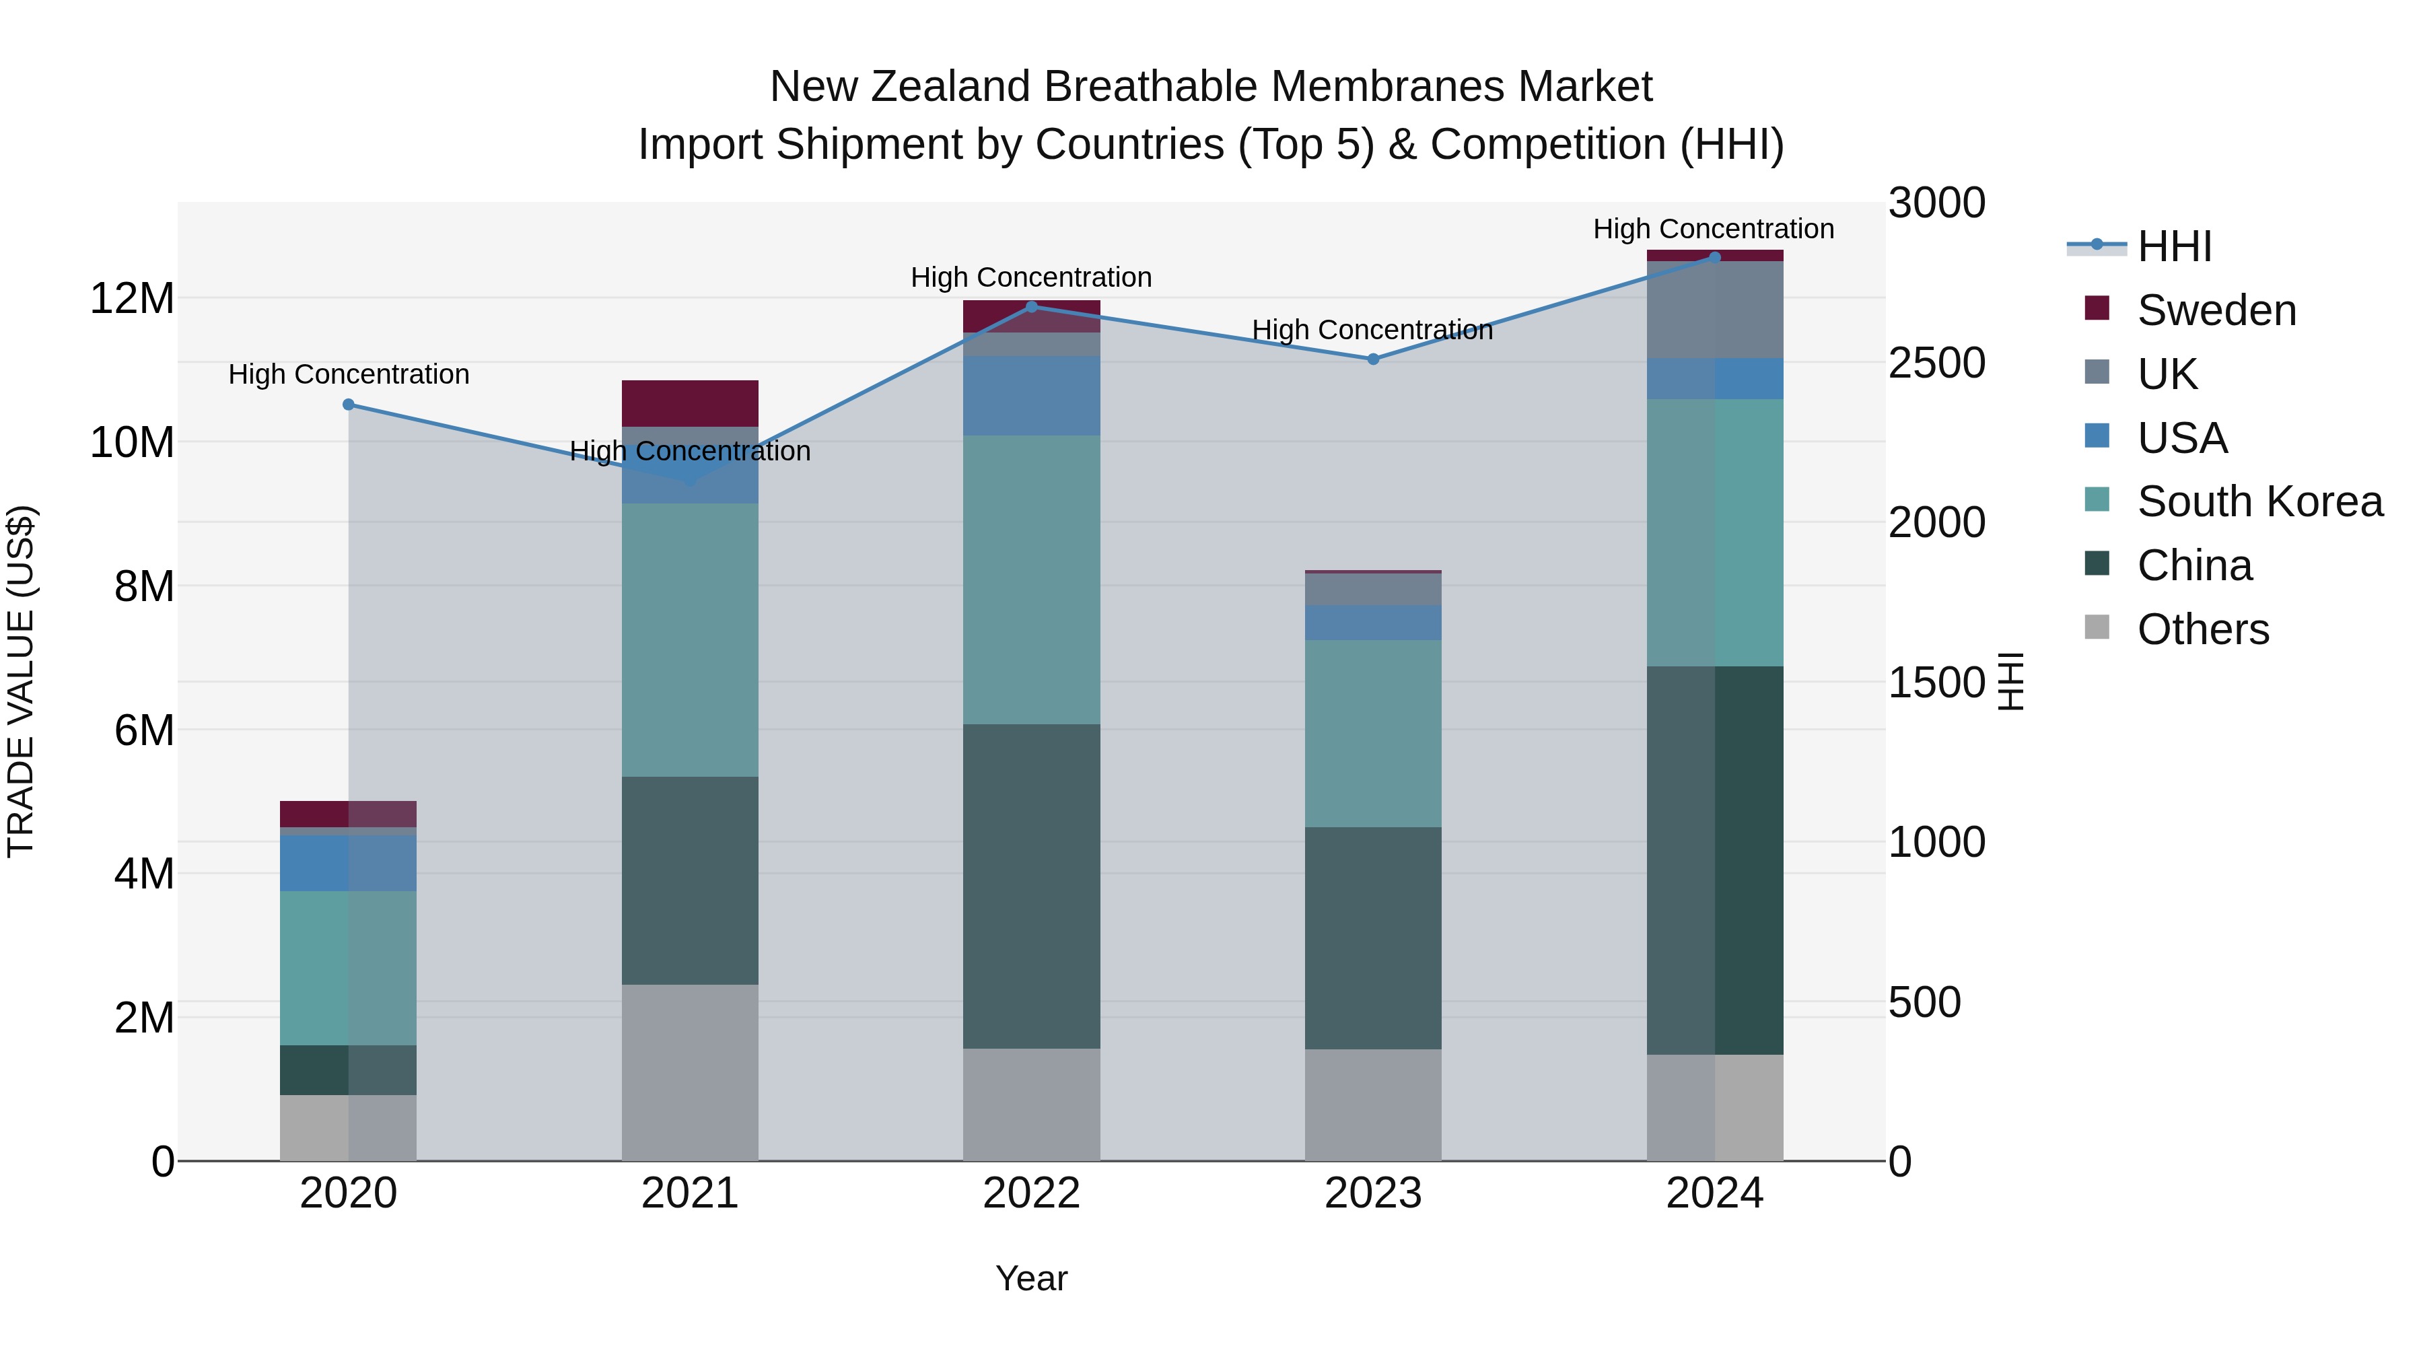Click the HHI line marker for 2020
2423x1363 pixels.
pos(348,405)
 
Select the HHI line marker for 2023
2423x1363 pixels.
pos(1372,359)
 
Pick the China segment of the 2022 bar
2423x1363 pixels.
pos(1031,886)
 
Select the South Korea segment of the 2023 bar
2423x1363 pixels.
pos(1372,734)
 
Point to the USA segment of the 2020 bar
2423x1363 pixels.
pos(348,863)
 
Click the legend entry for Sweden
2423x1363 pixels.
pos(2216,310)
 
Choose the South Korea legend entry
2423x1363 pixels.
pos(2259,501)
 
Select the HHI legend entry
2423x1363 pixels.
pos(2174,246)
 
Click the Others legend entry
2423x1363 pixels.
pos(2202,629)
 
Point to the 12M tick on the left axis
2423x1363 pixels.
pos(132,299)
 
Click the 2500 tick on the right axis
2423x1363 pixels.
pos(1936,363)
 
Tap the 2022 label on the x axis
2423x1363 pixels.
pos(1031,1193)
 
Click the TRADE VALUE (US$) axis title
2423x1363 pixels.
pos(21,681)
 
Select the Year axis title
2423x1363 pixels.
pos(1031,1278)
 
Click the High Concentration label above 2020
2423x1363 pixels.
pos(348,374)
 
